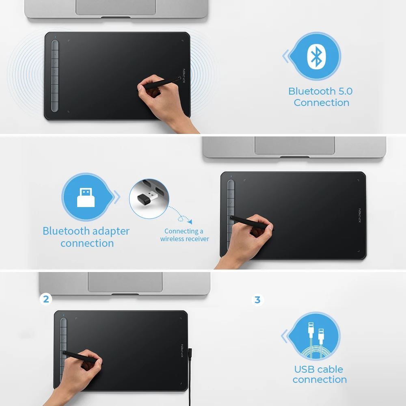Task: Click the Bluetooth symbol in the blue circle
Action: coord(316,56)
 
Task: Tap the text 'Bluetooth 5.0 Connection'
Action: coord(321,97)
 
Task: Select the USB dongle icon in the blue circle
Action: coord(86,198)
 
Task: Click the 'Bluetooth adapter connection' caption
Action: coord(86,237)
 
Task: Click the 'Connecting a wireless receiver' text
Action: coord(184,235)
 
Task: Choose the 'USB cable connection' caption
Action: coord(319,374)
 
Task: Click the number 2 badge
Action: coord(46,299)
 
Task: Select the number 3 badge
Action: coord(257,300)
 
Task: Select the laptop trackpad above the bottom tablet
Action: coord(125,281)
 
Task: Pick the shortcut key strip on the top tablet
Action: coord(55,76)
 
